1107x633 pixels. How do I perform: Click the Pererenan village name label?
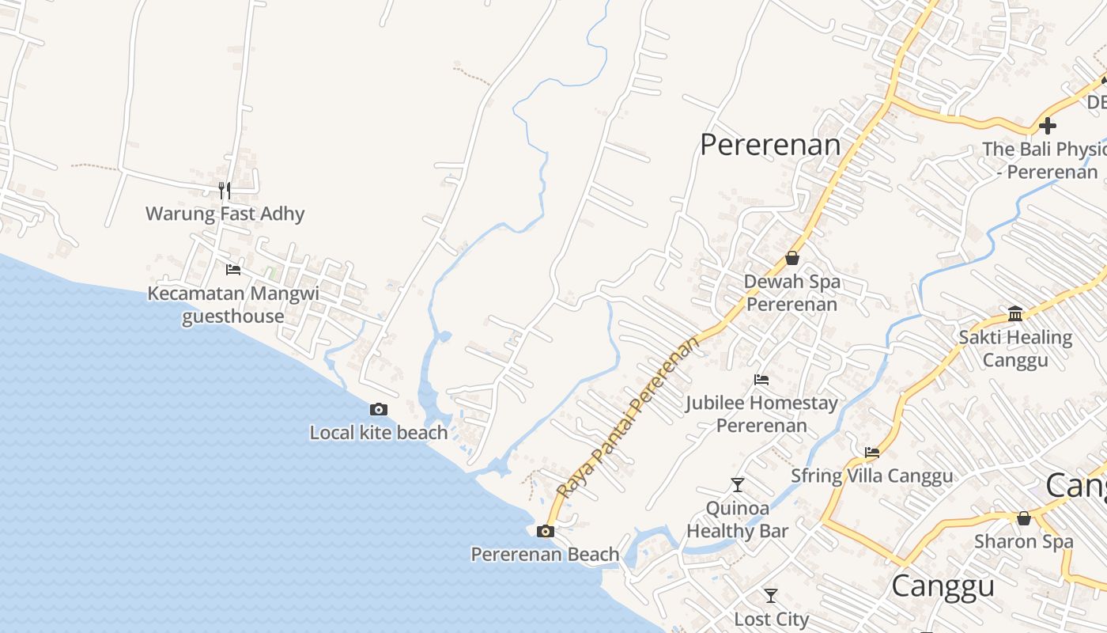770,145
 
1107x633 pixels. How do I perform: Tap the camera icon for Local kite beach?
379,409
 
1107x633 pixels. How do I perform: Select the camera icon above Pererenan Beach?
545,531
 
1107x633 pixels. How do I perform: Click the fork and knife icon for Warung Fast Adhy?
225,190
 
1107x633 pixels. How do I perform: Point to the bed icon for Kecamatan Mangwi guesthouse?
233,270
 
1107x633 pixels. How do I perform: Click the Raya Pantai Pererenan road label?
629,417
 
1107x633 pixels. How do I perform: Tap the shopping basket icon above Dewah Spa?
792,258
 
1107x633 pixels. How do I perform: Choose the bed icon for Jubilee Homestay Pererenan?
761,380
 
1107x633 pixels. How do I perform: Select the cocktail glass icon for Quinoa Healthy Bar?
738,484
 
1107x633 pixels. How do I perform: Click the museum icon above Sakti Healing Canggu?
1015,314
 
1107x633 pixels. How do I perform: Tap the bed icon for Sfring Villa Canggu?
872,453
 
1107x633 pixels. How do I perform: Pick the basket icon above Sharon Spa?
1024,518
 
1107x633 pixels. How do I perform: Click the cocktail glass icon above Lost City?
771,596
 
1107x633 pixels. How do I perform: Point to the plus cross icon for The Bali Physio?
1048,125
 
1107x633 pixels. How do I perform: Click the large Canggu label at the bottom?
943,586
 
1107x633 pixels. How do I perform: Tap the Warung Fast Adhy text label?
225,214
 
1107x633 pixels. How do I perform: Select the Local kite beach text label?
379,433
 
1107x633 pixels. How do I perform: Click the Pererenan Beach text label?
545,555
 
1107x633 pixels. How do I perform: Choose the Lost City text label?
771,619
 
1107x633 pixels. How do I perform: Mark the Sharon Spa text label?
1024,542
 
